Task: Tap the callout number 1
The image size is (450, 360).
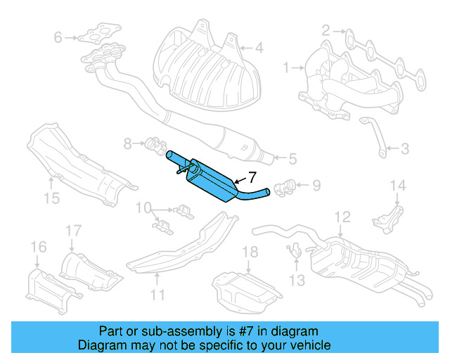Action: [286, 67]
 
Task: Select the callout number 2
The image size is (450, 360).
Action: [326, 30]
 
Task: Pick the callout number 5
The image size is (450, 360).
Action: [291, 158]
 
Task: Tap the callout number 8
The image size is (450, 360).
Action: [316, 186]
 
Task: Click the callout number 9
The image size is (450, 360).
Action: [143, 208]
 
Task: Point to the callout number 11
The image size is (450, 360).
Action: [342, 217]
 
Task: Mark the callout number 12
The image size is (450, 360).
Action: [297, 281]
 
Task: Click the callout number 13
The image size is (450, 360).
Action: [399, 186]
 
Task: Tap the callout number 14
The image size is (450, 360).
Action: [51, 198]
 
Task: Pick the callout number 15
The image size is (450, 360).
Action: [38, 246]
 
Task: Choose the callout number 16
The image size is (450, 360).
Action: [74, 230]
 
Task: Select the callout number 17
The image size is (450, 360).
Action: [250, 252]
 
